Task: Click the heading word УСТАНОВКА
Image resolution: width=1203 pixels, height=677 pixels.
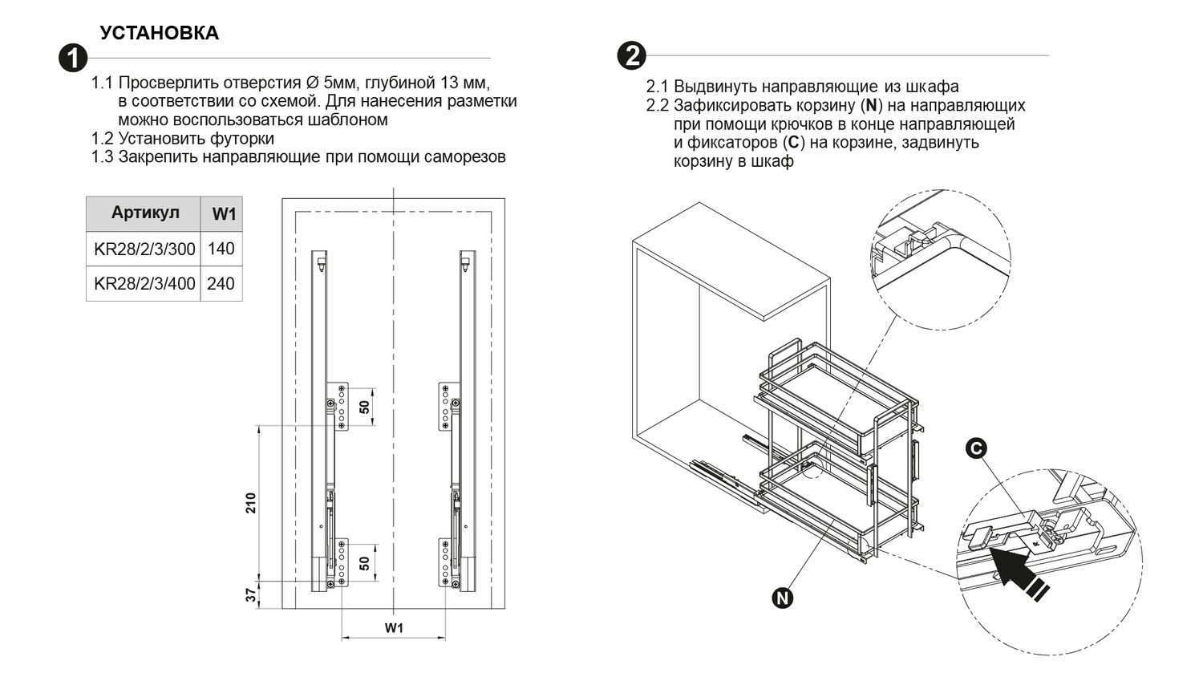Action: click(159, 33)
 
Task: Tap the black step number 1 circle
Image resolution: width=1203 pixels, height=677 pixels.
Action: click(74, 59)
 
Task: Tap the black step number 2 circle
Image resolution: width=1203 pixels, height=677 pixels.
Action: click(632, 55)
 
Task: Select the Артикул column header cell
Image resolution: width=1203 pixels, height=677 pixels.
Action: click(144, 213)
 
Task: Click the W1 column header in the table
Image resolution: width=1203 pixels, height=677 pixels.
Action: click(223, 214)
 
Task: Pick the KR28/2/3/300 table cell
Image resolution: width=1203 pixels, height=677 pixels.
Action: click(144, 249)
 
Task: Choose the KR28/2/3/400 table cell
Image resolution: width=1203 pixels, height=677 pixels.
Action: click(144, 284)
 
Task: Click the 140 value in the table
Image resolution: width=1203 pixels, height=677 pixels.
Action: click(221, 249)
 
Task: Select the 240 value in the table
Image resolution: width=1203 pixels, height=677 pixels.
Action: click(221, 284)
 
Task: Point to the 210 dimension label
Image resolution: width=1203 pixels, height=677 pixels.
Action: click(250, 503)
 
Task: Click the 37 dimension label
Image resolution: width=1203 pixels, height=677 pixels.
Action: click(250, 594)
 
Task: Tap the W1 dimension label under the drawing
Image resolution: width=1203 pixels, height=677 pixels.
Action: click(393, 627)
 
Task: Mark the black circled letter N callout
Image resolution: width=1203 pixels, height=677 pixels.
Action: click(783, 598)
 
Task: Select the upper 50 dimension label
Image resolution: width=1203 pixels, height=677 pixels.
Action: click(364, 407)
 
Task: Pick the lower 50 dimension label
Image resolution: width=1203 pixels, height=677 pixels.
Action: click(364, 563)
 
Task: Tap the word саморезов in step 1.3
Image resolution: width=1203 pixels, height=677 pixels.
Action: click(467, 157)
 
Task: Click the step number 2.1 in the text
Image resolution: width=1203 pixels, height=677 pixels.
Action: click(658, 87)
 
